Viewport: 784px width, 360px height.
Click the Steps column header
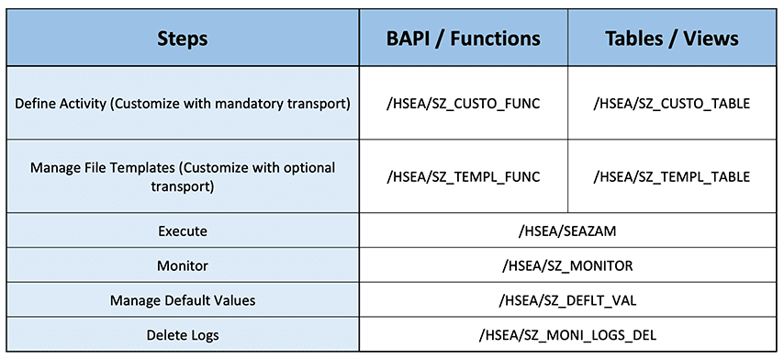tap(183, 39)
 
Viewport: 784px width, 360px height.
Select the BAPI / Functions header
tap(463, 39)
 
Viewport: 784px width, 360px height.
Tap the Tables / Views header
tap(672, 39)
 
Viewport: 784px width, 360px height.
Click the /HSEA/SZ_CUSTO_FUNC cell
tap(463, 104)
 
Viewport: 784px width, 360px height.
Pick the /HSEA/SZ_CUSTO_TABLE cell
tap(672, 104)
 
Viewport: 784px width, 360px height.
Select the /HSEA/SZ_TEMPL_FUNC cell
tap(463, 177)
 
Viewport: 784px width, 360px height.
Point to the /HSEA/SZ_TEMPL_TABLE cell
tap(672, 177)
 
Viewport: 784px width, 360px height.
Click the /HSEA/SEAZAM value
tap(567, 231)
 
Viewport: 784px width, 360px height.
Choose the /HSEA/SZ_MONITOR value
tap(567, 265)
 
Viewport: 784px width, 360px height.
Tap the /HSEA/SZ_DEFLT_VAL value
tap(567, 300)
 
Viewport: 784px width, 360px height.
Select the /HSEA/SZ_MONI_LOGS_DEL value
tap(567, 334)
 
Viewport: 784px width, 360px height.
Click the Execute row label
tap(183, 231)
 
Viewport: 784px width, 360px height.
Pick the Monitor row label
tap(183, 265)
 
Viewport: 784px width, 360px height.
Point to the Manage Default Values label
tap(183, 300)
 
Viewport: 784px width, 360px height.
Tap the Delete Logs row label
tap(183, 334)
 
